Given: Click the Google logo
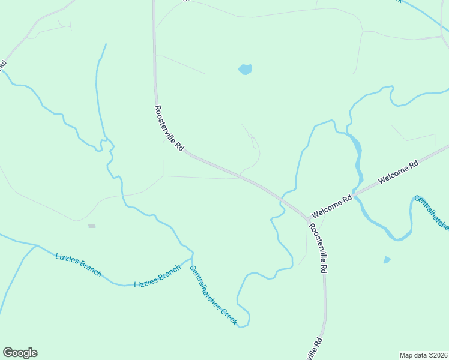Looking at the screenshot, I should pyautogui.click(x=20, y=353).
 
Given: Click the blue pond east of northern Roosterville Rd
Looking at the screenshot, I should pyautogui.click(x=245, y=70).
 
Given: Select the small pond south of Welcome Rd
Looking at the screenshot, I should pyautogui.click(x=387, y=260).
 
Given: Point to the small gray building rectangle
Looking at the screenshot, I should pyautogui.click(x=92, y=226).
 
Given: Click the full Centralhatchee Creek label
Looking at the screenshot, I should pyautogui.click(x=214, y=295).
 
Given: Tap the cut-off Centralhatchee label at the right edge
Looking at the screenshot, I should pyautogui.click(x=432, y=212).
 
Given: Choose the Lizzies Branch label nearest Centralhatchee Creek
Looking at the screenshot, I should pyautogui.click(x=157, y=276).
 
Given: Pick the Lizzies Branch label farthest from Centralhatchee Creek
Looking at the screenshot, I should pyautogui.click(x=78, y=264).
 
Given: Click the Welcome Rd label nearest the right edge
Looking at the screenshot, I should pyautogui.click(x=397, y=172).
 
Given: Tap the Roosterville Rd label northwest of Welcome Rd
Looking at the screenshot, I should pyautogui.click(x=169, y=128).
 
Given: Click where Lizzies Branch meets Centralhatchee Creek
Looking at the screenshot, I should pyautogui.click(x=191, y=259).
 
